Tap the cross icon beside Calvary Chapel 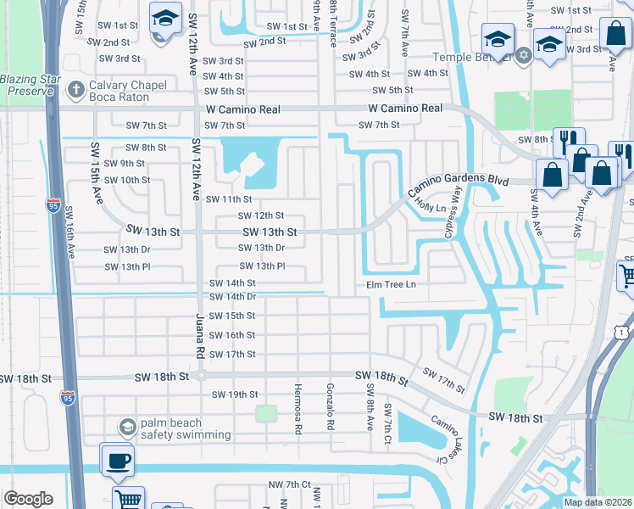pos(76,87)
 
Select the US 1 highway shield pos(623,328)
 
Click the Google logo pos(28,499)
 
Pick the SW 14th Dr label pos(231,296)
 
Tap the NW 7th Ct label pos(287,484)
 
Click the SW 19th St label pos(234,394)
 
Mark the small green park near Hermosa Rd pos(266,413)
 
